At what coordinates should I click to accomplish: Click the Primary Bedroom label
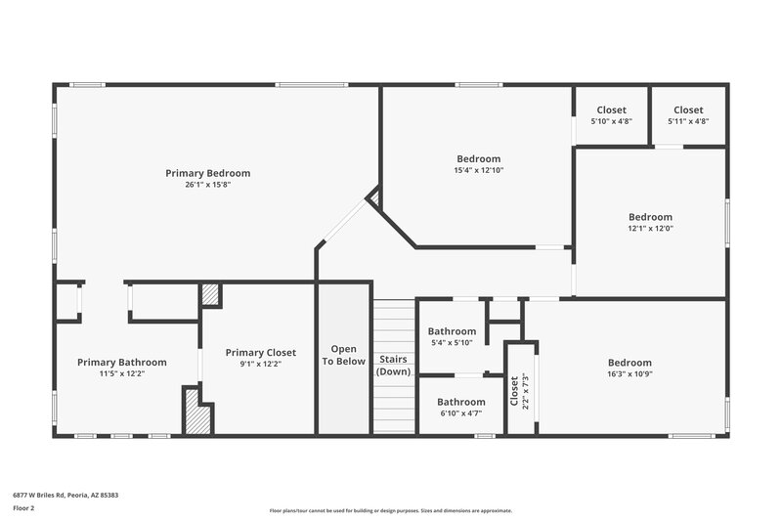tap(207, 173)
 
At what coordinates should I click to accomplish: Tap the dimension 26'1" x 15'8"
tap(207, 185)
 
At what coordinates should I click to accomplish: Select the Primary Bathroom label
tap(122, 362)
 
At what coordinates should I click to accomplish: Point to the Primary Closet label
tap(260, 352)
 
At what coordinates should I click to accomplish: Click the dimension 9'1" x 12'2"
tap(260, 364)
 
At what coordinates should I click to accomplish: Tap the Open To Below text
tap(343, 355)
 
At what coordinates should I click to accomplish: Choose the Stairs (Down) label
tap(394, 365)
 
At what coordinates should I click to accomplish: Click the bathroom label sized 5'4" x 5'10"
tap(452, 331)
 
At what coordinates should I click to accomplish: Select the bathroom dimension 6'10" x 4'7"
tap(460, 413)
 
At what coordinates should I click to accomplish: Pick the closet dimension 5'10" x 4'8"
tap(611, 121)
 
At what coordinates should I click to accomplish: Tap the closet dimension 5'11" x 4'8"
tap(687, 121)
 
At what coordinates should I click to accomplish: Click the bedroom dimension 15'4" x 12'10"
tap(478, 170)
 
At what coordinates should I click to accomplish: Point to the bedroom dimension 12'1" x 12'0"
tap(650, 228)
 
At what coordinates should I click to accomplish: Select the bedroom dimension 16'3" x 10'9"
tap(629, 373)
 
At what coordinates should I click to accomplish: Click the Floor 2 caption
tap(24, 509)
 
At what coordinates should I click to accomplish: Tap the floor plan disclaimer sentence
tap(390, 510)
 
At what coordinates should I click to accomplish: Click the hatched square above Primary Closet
tap(210, 295)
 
